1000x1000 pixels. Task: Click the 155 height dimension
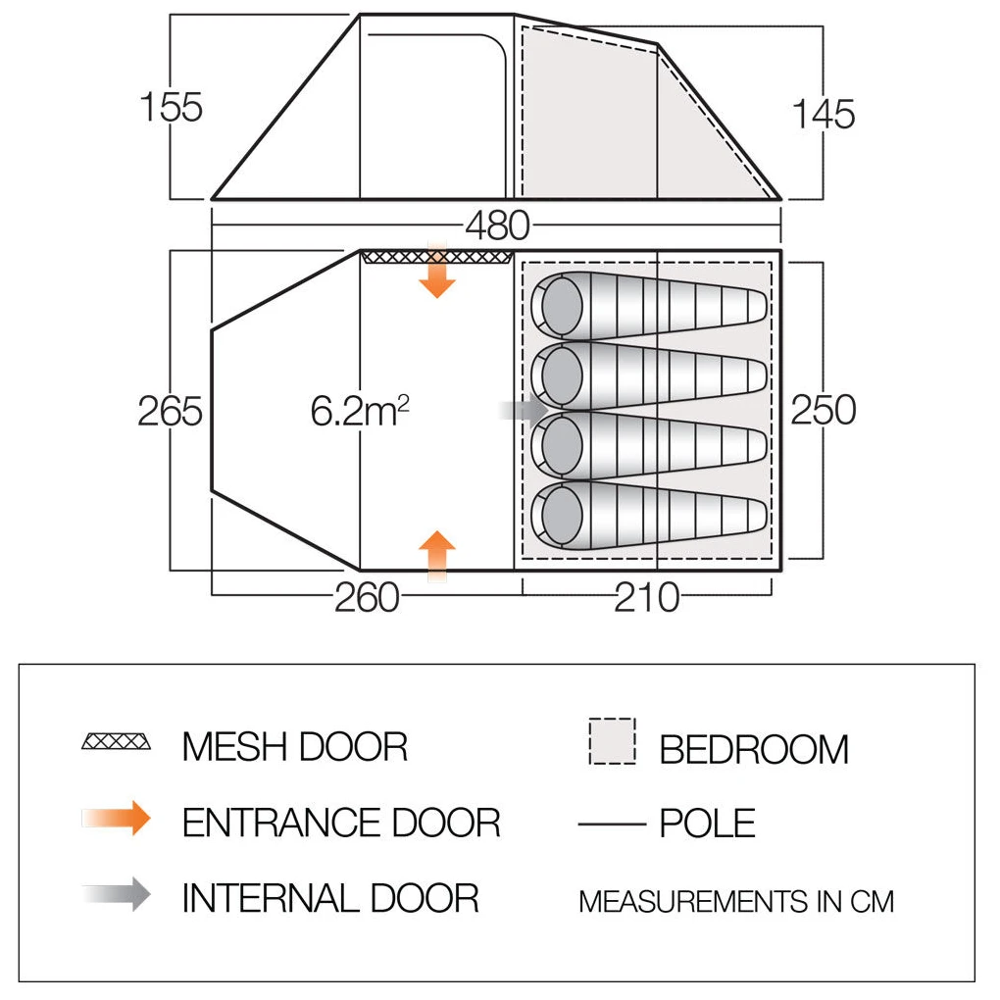click(x=171, y=107)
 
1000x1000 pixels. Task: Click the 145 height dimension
click(x=824, y=115)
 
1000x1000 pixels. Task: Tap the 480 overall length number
click(x=497, y=225)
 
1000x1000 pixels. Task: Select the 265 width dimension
click(x=171, y=411)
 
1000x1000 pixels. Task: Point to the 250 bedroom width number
click(x=824, y=410)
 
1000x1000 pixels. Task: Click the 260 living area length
click(x=368, y=598)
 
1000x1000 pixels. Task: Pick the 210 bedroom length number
click(x=647, y=598)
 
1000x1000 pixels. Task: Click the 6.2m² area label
click(x=360, y=411)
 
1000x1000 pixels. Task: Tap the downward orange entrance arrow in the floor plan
click(x=437, y=271)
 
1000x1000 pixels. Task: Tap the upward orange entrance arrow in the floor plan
click(x=437, y=556)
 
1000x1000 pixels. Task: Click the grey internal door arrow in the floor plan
click(x=525, y=410)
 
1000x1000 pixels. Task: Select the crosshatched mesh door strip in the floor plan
click(x=437, y=257)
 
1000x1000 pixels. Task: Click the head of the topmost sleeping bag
click(x=562, y=306)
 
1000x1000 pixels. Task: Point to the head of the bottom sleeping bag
click(x=562, y=516)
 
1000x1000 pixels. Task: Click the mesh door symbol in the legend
click(x=116, y=742)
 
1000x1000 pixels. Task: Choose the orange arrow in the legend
click(x=116, y=819)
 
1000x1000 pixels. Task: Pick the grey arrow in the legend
click(x=116, y=894)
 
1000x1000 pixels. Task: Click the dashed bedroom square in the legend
click(x=612, y=741)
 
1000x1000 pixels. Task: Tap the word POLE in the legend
click(x=707, y=824)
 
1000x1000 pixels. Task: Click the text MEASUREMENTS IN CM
click(x=736, y=902)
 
